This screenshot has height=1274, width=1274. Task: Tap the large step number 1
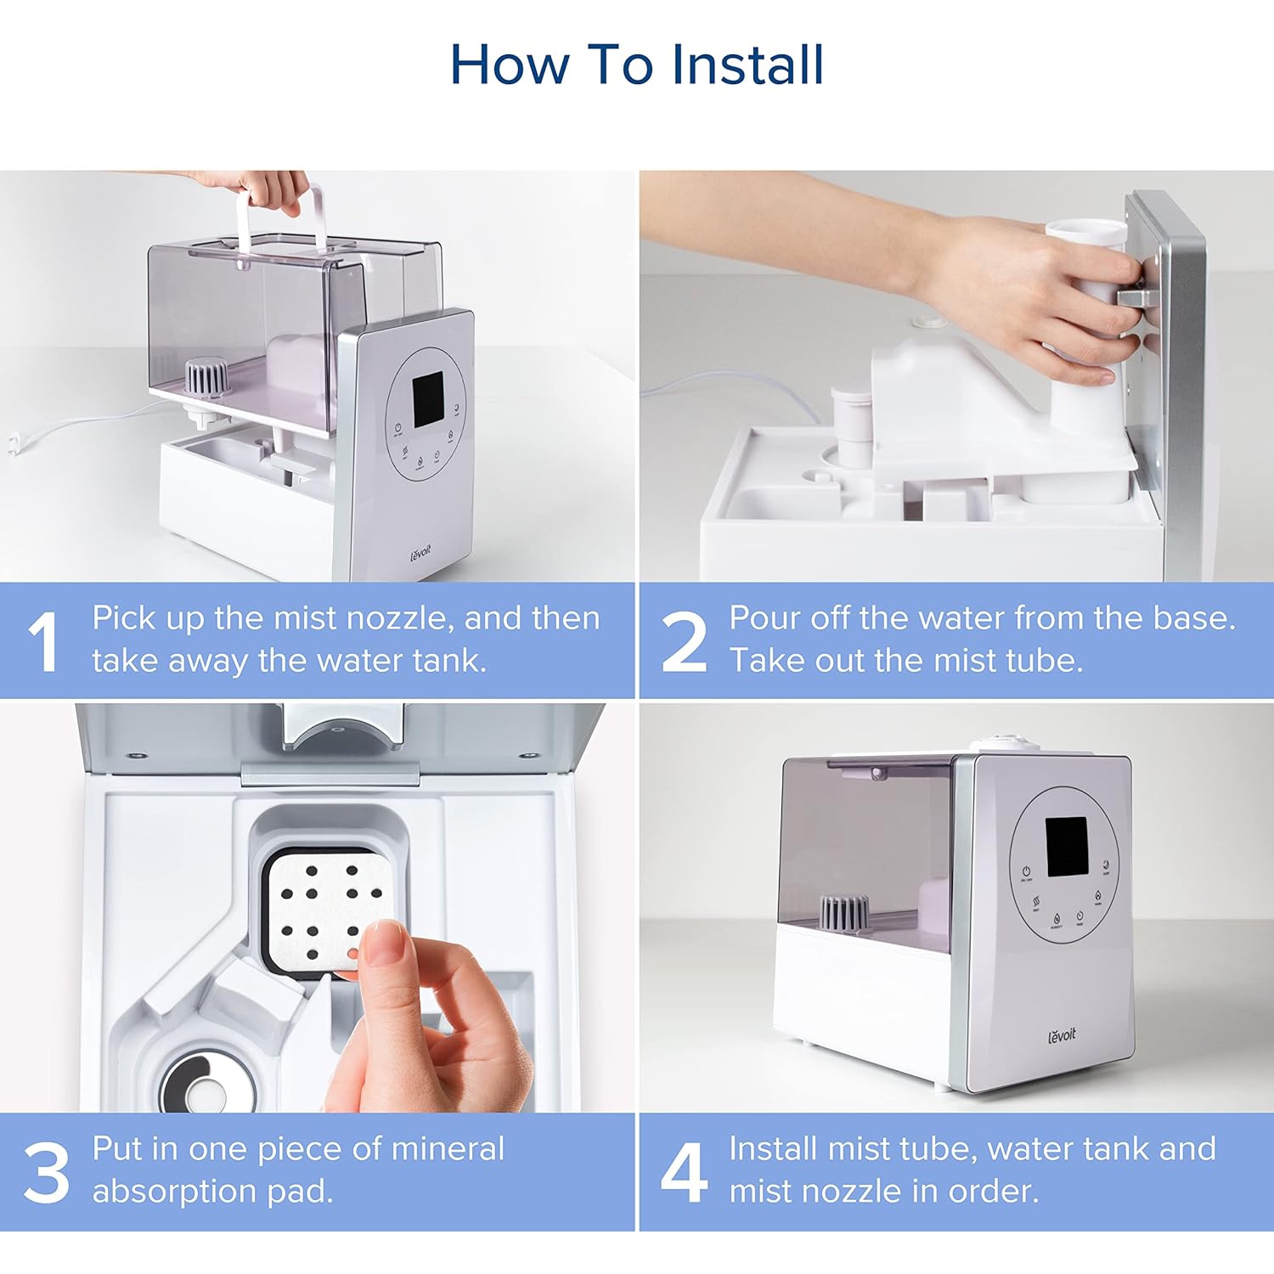point(43,641)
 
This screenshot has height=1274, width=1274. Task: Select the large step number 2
point(684,641)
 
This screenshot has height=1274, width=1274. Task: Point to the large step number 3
point(47,1172)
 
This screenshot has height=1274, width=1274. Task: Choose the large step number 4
point(684,1172)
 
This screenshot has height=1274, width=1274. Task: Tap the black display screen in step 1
point(429,399)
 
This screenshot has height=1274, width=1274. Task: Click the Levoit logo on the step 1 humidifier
point(421,553)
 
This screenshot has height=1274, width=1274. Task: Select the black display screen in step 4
point(1066,847)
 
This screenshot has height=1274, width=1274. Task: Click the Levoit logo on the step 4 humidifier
point(1062,1034)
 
